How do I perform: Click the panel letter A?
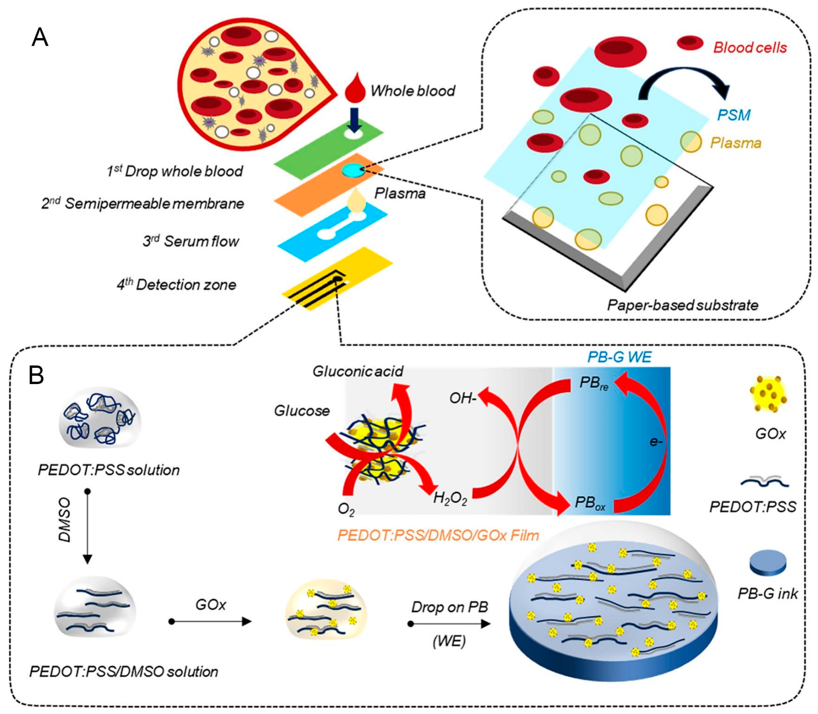(x=40, y=38)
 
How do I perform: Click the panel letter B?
(x=36, y=375)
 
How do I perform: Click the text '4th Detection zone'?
(x=176, y=284)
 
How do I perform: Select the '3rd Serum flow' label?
(x=191, y=241)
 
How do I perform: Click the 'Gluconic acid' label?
(x=357, y=371)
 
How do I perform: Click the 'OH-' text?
(x=463, y=398)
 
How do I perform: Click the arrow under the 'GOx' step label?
(x=211, y=622)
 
